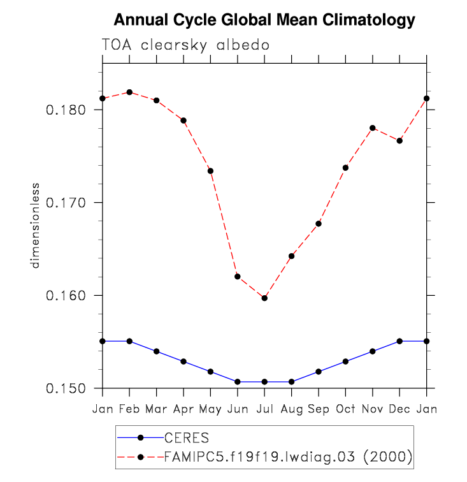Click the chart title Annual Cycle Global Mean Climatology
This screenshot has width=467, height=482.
tap(264, 20)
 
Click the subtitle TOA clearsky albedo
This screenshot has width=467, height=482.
tap(185, 45)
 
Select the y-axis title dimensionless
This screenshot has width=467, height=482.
tap(36, 226)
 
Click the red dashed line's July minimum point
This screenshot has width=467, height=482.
tap(264, 298)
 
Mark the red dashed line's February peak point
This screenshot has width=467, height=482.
tap(129, 92)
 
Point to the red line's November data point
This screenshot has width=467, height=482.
tap(373, 128)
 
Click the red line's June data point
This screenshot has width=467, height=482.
tap(238, 276)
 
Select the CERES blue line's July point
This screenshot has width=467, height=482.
tap(264, 382)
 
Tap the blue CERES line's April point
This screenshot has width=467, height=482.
tap(183, 361)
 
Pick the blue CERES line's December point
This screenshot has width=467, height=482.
tap(399, 341)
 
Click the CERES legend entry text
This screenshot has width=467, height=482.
tap(187, 438)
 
